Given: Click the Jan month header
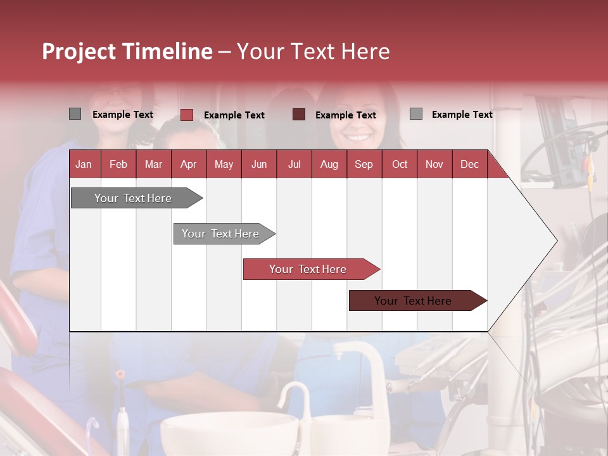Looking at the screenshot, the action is click(x=84, y=165).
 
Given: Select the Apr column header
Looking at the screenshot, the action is click(x=189, y=165).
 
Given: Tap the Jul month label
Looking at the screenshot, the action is click(x=294, y=165).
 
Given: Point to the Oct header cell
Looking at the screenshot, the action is click(x=400, y=165).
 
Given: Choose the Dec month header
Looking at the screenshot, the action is click(x=469, y=165).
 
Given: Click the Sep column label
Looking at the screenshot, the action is click(x=364, y=165).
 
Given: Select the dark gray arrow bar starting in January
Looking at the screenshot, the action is click(x=137, y=198).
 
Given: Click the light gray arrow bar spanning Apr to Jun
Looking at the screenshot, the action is click(x=224, y=234).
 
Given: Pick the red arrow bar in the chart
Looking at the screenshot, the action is click(x=312, y=269).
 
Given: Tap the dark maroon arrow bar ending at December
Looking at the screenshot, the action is click(x=418, y=300).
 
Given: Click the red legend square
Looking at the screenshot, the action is click(x=187, y=115).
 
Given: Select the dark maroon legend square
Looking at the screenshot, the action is click(x=299, y=115).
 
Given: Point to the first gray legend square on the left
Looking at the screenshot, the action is click(x=75, y=113).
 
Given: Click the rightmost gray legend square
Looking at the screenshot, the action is click(x=416, y=113).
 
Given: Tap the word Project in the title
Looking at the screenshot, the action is click(x=79, y=52).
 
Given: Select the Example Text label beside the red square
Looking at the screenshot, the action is click(x=234, y=115).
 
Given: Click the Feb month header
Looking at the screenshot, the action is click(x=118, y=165).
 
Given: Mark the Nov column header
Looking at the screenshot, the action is click(x=434, y=165).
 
